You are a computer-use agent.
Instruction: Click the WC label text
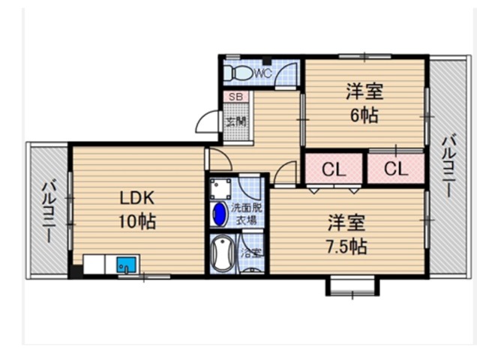(x=262, y=73)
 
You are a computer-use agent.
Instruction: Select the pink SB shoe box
(x=235, y=97)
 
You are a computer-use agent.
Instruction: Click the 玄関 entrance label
(x=236, y=122)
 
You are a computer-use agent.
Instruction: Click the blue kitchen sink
(x=126, y=265)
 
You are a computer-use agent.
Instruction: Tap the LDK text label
(x=137, y=199)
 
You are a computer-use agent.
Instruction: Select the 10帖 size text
(x=137, y=221)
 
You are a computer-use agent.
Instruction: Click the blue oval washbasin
(x=219, y=214)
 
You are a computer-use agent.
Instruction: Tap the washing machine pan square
(x=220, y=189)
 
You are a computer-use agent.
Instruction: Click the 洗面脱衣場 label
(x=247, y=214)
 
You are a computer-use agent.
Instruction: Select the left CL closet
(x=334, y=169)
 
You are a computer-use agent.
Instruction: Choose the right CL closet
(x=396, y=169)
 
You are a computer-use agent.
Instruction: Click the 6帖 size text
(x=364, y=115)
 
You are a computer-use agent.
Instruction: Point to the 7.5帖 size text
(x=346, y=247)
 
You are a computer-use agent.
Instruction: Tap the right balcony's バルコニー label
(x=449, y=167)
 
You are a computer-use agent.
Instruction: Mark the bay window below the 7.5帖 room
(x=353, y=286)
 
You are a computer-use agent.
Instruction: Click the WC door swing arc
(x=286, y=74)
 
